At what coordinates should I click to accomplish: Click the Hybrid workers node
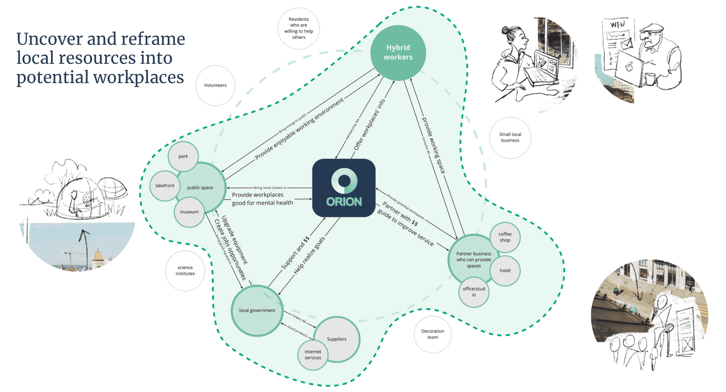(x=398, y=53)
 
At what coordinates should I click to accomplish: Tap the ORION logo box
(x=344, y=188)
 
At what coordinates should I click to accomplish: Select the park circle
(x=183, y=156)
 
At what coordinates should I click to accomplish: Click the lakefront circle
(x=165, y=186)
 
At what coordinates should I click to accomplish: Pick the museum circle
(x=189, y=212)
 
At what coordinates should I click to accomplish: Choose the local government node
(x=257, y=310)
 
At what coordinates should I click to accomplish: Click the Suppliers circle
(x=337, y=339)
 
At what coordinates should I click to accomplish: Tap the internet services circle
(x=313, y=355)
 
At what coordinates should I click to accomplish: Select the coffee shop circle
(x=505, y=237)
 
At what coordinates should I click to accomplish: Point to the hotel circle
(x=505, y=270)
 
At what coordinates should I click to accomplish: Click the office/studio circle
(x=474, y=291)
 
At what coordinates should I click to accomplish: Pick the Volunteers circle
(x=215, y=85)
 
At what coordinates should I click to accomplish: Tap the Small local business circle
(x=510, y=137)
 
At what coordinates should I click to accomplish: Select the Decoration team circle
(x=433, y=334)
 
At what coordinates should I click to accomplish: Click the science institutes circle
(x=185, y=271)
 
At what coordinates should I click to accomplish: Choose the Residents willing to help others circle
(x=298, y=28)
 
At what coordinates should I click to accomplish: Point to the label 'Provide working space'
(x=433, y=146)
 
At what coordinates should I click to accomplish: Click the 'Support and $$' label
(x=295, y=253)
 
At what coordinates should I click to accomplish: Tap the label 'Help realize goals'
(x=309, y=256)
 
